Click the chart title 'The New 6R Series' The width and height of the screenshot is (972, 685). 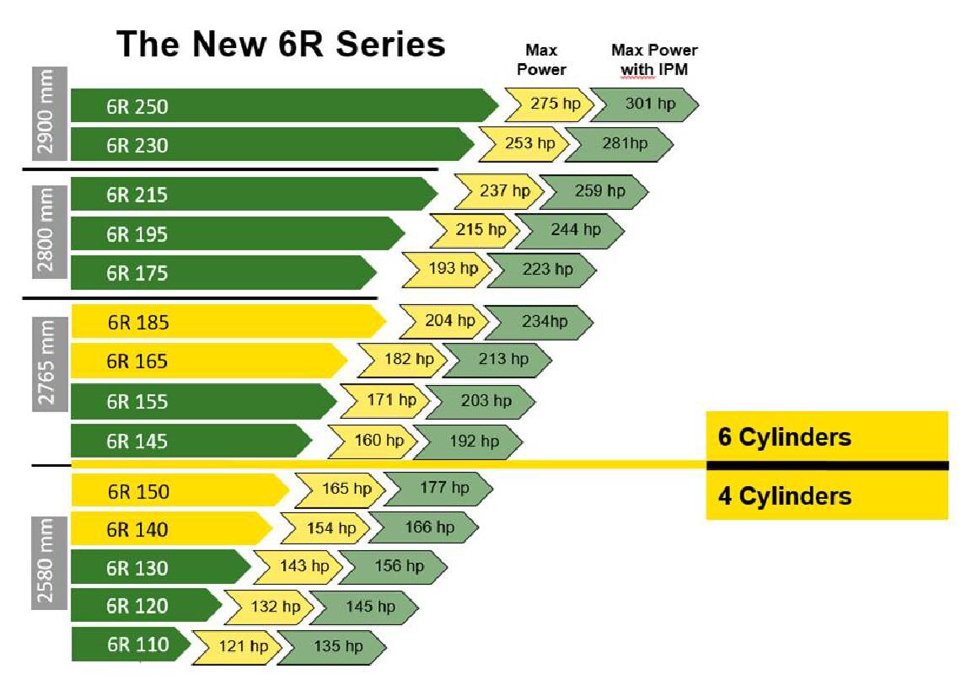[x=281, y=44]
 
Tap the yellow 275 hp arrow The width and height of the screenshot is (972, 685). [x=545, y=104]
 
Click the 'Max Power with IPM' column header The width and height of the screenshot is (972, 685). [x=654, y=60]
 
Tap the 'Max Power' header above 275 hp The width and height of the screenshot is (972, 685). [x=541, y=60]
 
